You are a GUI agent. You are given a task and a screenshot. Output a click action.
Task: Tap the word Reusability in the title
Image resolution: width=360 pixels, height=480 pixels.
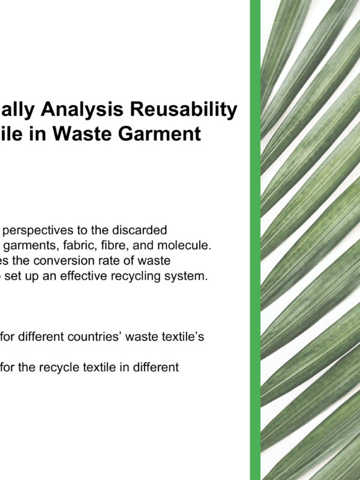184,110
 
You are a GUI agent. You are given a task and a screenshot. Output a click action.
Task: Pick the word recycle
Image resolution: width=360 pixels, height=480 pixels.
60,367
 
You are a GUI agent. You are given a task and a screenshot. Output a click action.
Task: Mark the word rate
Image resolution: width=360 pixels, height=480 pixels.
101,261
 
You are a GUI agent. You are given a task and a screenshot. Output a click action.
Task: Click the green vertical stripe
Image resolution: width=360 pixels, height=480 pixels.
255,240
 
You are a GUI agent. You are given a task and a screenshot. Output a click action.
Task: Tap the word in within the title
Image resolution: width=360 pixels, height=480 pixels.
37,134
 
